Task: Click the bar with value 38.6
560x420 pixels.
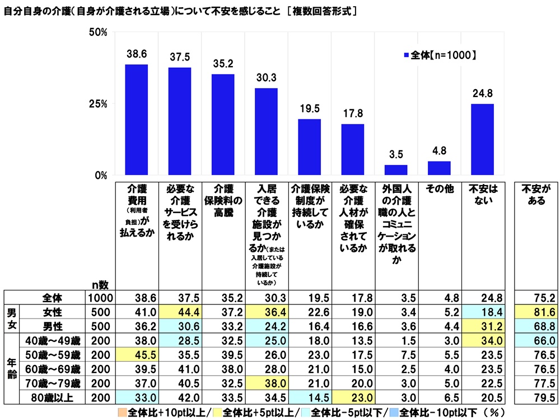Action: pyautogui.click(x=136, y=120)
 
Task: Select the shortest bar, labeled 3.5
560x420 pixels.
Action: pyautogui.click(x=396, y=170)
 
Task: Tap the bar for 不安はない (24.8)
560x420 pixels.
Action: pyautogui.click(x=482, y=140)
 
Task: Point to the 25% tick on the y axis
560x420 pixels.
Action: pyautogui.click(x=99, y=104)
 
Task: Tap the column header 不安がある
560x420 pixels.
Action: pyautogui.click(x=536, y=193)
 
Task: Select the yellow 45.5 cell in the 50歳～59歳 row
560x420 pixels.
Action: pyautogui.click(x=136, y=354)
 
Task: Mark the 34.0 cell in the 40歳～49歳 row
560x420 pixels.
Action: pyautogui.click(x=482, y=339)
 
